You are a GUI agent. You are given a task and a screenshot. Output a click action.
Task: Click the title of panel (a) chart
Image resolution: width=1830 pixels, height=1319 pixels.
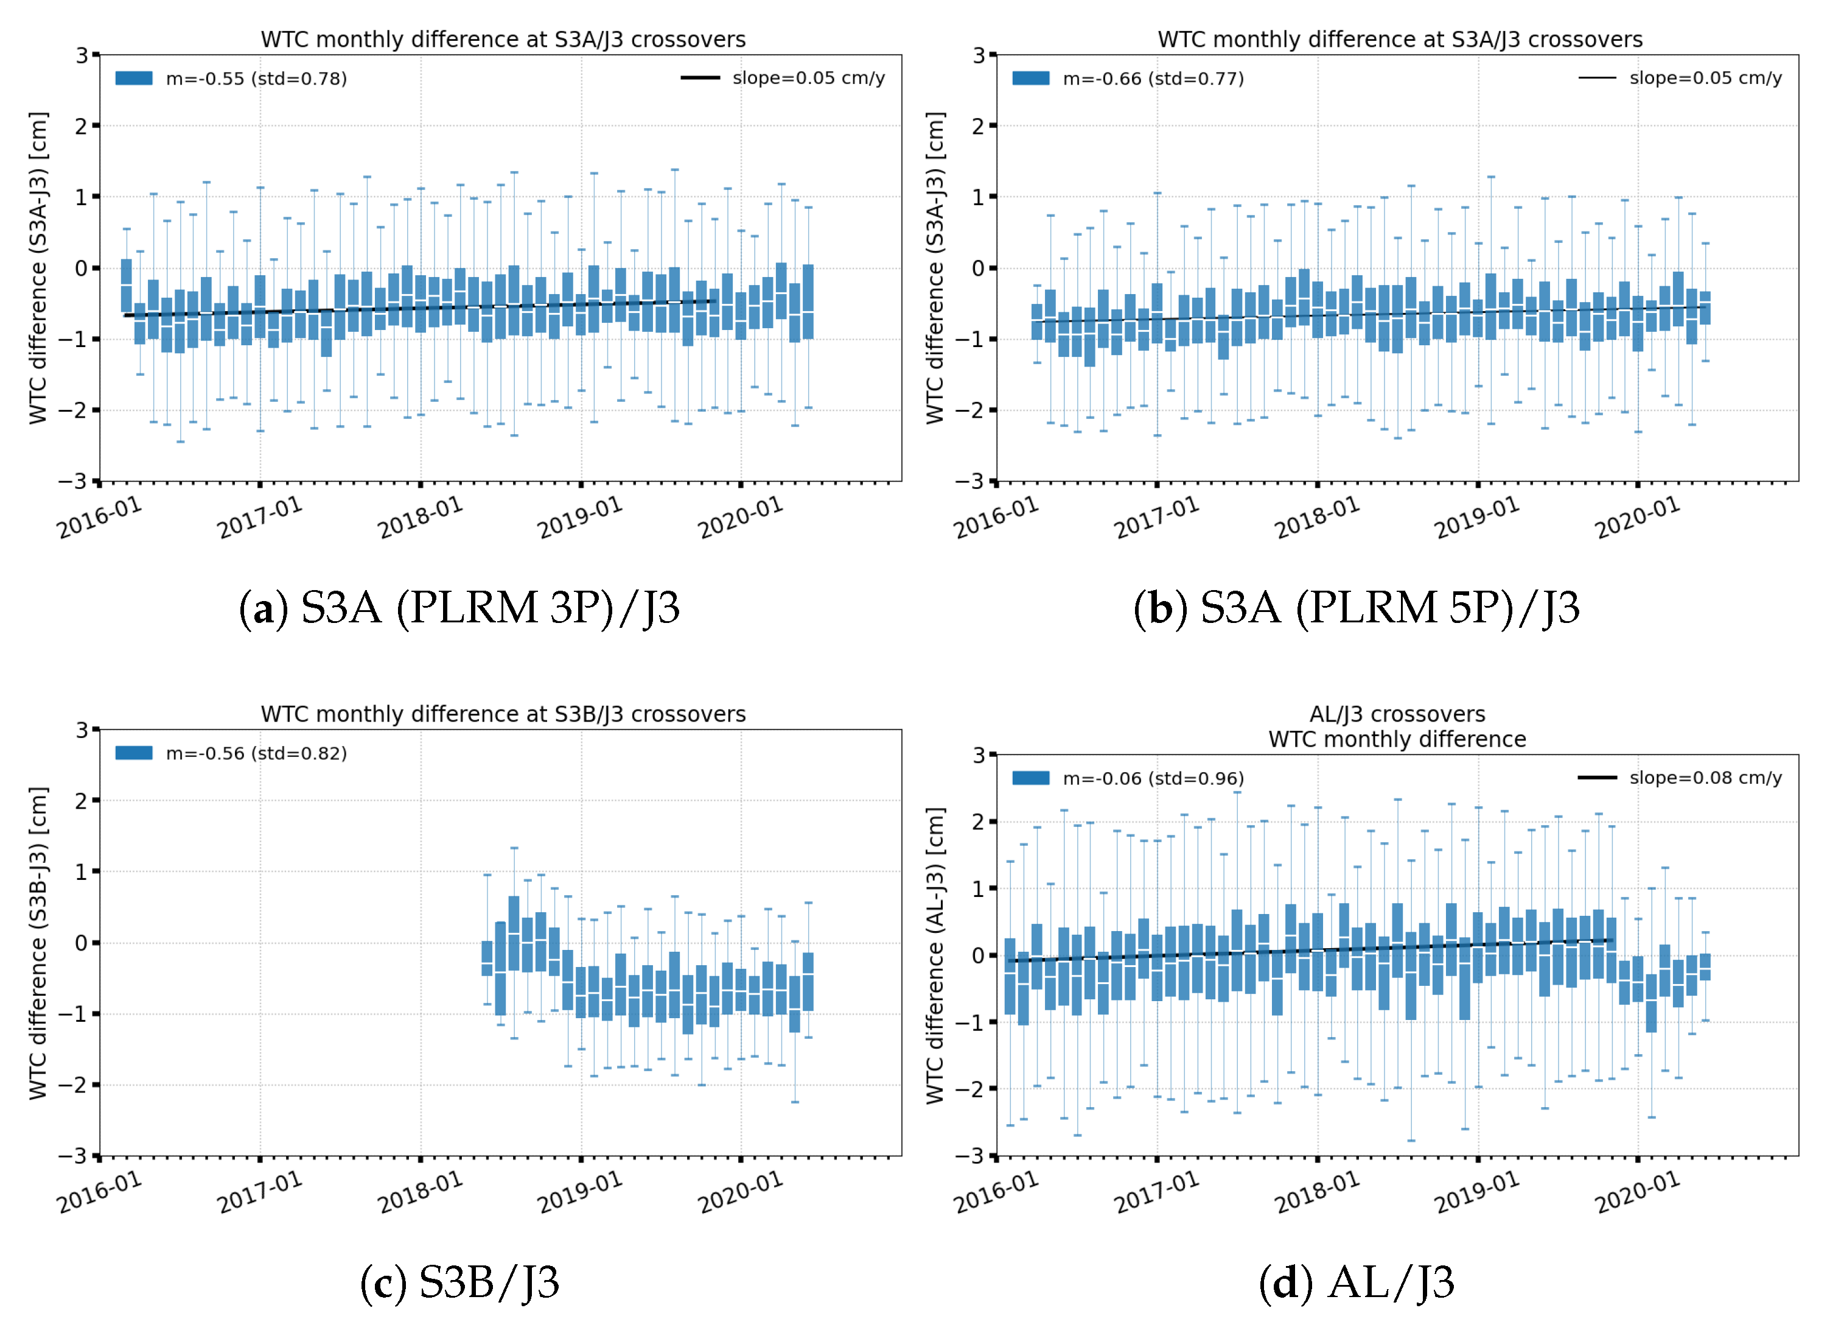(503, 40)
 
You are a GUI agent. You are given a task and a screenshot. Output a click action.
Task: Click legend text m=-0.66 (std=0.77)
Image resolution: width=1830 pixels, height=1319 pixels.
(1153, 79)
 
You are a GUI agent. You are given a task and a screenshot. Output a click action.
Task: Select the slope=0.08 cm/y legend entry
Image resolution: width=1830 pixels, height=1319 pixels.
(1705, 778)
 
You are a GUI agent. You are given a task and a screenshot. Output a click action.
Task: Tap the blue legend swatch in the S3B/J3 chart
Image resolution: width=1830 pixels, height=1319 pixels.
(134, 753)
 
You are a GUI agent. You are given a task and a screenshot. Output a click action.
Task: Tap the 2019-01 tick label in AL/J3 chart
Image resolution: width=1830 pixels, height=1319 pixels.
(1476, 1192)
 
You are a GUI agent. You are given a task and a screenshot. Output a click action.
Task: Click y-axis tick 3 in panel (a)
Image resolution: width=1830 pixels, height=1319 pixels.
(82, 55)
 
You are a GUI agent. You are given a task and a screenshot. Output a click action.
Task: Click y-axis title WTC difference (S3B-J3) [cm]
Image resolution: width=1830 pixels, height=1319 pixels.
(38, 943)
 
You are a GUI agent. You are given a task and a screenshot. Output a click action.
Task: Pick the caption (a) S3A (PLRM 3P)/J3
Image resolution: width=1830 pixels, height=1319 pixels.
(459, 608)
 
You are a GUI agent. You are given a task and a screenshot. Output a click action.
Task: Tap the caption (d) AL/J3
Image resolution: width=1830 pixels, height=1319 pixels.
(1357, 1282)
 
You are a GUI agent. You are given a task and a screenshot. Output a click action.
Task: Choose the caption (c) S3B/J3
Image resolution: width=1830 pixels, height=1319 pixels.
(459, 1282)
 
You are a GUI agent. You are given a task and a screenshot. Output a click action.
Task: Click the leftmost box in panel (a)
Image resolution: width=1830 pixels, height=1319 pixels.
(127, 285)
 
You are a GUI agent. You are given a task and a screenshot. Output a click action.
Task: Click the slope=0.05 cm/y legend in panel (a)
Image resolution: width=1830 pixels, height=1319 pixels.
(808, 79)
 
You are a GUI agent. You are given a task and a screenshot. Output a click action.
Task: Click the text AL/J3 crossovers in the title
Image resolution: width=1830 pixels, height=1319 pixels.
(1397, 714)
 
